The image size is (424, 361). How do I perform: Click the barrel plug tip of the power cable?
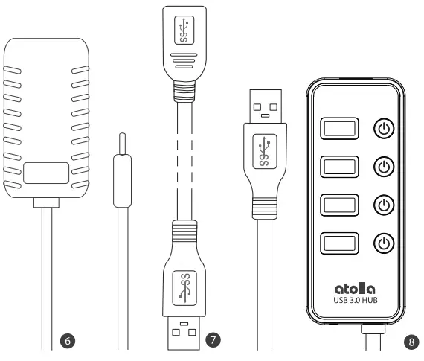[121, 143]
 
